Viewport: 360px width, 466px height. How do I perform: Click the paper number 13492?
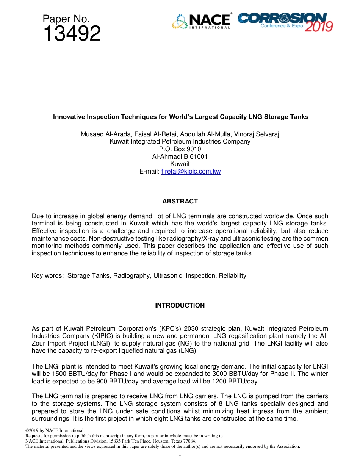coord(72,34)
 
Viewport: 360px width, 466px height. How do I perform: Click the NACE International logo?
coord(201,22)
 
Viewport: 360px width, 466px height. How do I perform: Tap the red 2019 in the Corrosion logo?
coord(319,27)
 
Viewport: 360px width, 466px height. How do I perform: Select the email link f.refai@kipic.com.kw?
coord(191,171)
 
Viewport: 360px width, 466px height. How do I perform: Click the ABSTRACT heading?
coord(180,201)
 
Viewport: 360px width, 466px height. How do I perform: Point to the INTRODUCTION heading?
coord(180,305)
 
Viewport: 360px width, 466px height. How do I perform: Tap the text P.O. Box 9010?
coord(180,149)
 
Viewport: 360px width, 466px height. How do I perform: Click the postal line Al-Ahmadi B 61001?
coord(180,156)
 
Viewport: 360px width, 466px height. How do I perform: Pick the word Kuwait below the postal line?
coord(180,164)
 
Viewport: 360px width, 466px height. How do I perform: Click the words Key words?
coord(48,275)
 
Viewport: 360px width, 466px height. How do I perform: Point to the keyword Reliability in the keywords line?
coord(232,275)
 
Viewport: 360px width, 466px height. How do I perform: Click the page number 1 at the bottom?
coord(180,454)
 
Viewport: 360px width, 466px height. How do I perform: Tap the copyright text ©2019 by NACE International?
coord(55,430)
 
